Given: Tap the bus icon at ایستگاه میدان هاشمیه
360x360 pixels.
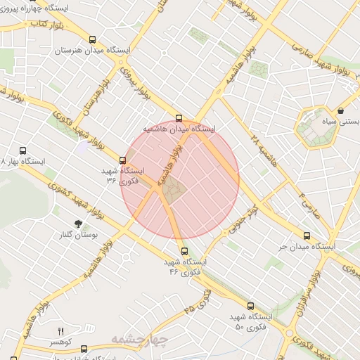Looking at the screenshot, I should tap(179, 118).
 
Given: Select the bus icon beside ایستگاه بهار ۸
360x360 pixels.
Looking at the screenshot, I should tap(23, 150).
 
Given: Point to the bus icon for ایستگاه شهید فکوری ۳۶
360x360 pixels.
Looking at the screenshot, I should tap(123, 160).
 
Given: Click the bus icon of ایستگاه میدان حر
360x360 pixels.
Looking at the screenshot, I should tap(307, 236).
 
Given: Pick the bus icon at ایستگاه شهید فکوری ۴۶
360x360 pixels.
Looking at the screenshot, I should tap(184, 251).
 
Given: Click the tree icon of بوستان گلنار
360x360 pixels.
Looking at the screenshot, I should tap(29, 223).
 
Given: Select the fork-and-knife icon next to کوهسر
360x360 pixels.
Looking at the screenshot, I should tap(60, 331).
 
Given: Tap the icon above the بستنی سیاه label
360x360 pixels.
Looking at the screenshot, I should tap(340, 110).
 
